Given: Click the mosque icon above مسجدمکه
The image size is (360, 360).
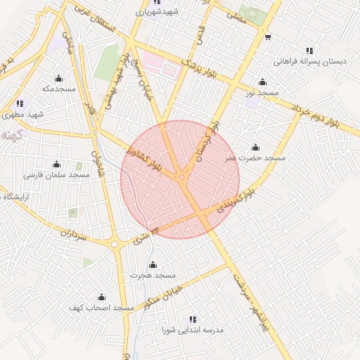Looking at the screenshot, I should click(x=58, y=78).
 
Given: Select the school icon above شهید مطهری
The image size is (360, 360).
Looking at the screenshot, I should click(x=20, y=103).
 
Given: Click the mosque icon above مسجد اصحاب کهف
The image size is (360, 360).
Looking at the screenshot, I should click(x=101, y=297).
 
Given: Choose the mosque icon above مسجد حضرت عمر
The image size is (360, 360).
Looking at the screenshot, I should click(x=255, y=147).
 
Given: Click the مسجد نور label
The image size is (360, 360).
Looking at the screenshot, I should click(x=258, y=92).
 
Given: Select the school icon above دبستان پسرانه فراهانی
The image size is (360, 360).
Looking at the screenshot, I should click(x=309, y=51).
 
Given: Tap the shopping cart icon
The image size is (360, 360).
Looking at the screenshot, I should click(x=267, y=37).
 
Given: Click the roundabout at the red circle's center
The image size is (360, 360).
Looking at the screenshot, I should click(x=182, y=178).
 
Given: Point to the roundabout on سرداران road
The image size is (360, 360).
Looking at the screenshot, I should click(x=115, y=244).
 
